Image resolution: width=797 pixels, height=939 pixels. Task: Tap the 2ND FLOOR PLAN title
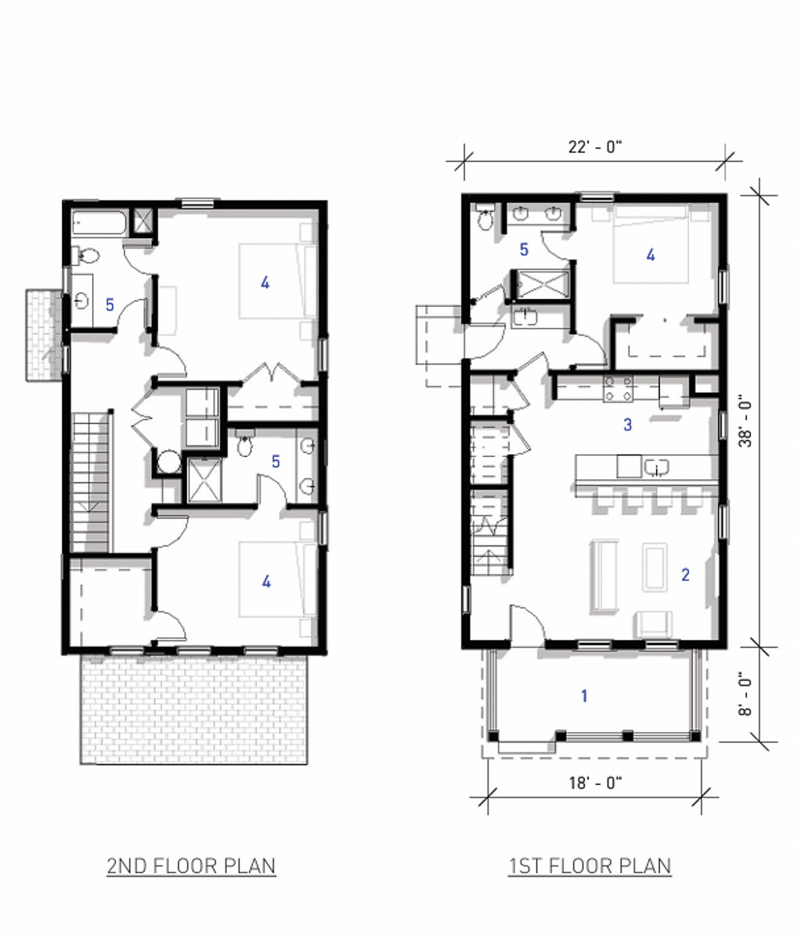(x=191, y=866)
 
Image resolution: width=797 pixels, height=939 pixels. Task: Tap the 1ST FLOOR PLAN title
(x=590, y=866)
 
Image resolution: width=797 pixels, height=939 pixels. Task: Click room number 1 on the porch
(x=584, y=695)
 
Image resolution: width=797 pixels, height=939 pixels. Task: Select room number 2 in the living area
(x=685, y=574)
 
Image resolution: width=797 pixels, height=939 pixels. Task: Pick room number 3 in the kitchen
(x=627, y=425)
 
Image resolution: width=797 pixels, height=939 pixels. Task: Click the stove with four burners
(x=618, y=389)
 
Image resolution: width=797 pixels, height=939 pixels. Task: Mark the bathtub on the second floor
(x=99, y=222)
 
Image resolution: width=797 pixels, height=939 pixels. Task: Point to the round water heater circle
(x=168, y=462)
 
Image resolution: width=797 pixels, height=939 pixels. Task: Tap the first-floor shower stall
(x=539, y=283)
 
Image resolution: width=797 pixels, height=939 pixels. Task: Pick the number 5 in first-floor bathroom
(x=524, y=250)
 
